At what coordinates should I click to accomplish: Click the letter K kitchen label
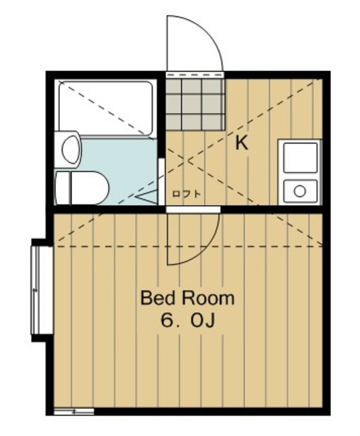point(242,144)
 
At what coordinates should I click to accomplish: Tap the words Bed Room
point(188,298)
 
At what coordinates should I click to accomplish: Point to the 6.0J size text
point(188,321)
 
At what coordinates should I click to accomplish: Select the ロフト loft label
point(186,193)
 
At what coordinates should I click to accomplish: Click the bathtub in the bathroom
point(105,108)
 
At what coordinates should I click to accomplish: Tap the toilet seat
point(89,187)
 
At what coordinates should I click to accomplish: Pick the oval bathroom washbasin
point(71,150)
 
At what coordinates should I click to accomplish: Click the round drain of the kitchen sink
point(299,191)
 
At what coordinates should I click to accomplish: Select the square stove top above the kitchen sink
point(300,157)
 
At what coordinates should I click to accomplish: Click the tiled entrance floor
point(195,104)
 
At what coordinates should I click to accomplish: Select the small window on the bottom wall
point(74,411)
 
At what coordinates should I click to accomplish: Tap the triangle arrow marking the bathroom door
point(146,197)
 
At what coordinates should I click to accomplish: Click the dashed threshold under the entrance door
point(195,75)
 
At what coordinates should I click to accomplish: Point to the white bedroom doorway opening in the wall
point(193,209)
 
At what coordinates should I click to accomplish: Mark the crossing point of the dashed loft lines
point(184,159)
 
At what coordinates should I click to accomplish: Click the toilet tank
point(63,187)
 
